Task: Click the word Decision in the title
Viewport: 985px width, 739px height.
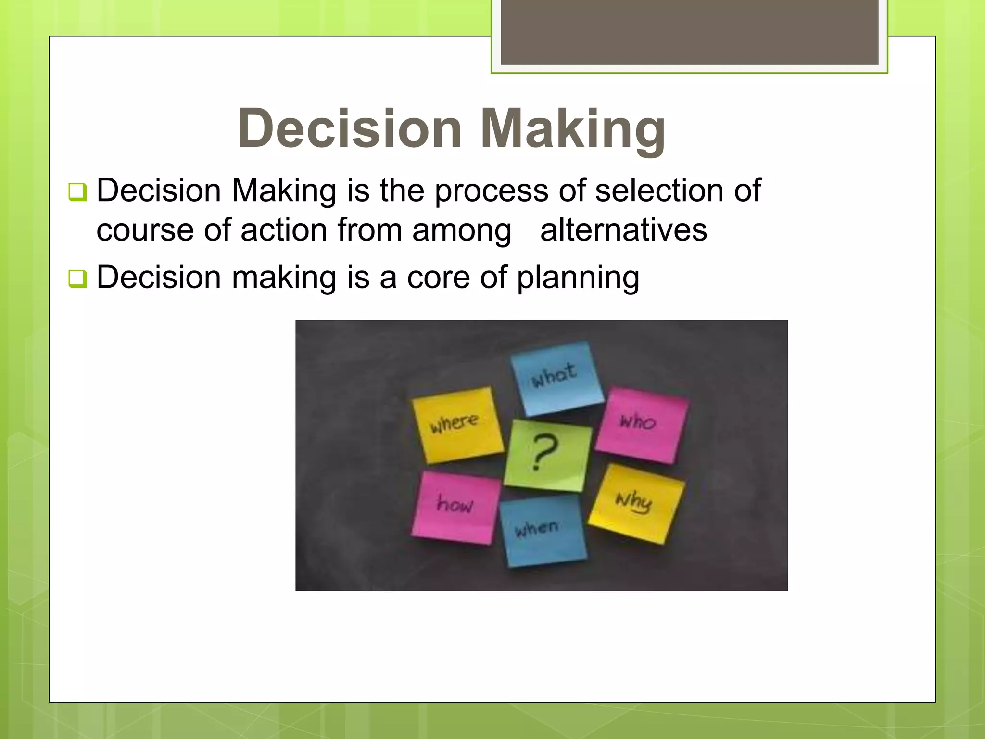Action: point(350,128)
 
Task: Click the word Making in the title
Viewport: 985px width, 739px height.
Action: point(573,128)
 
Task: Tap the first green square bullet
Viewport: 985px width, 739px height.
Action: point(77,192)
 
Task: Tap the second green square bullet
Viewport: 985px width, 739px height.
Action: point(77,279)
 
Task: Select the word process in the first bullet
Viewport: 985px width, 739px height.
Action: point(491,191)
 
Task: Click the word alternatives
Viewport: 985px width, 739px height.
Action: point(623,230)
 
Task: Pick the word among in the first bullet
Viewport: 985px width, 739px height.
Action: point(461,230)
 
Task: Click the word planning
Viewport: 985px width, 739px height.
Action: point(578,279)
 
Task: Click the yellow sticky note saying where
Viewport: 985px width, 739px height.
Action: point(456,424)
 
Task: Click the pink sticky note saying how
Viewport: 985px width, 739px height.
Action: point(454,507)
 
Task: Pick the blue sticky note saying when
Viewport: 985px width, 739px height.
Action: point(542,531)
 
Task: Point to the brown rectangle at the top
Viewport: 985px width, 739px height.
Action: point(689,32)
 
